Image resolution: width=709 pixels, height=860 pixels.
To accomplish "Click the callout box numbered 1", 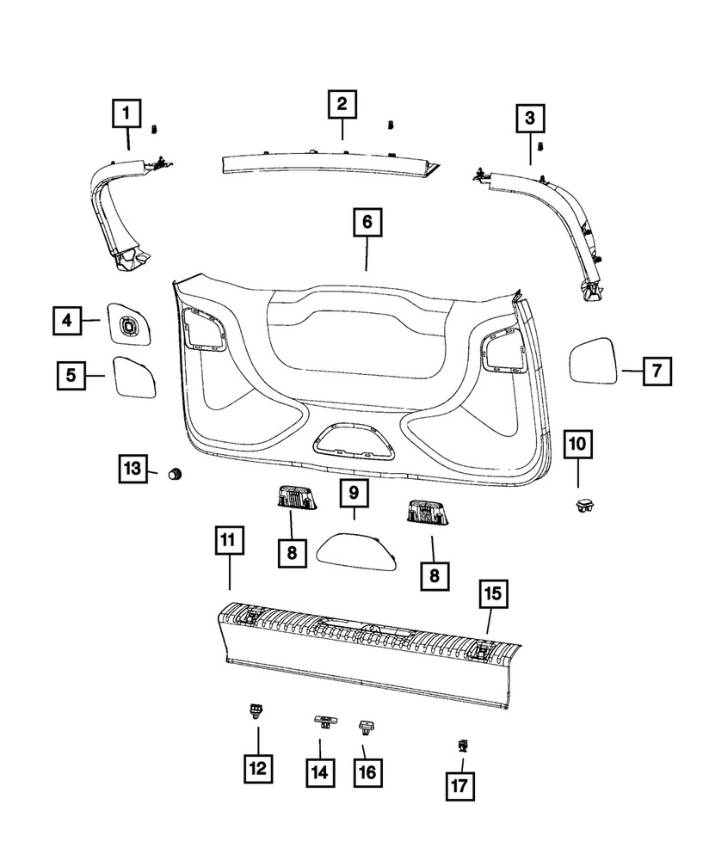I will point(128,113).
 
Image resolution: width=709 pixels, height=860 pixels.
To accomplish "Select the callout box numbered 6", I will point(367,222).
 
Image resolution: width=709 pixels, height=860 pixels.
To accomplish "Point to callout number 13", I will point(132,470).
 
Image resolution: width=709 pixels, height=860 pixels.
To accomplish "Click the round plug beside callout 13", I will point(176,473).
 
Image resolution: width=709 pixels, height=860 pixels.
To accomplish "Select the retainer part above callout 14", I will point(324,721).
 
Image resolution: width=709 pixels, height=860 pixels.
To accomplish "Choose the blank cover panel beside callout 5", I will point(133,375).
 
